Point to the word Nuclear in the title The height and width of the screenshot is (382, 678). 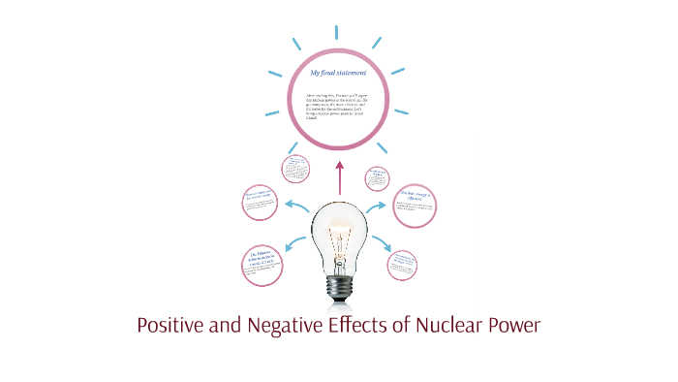455,325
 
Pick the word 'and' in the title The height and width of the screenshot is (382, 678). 222,325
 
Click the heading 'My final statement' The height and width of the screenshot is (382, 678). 339,73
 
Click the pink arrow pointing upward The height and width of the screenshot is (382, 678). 339,177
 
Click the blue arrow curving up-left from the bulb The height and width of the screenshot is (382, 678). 295,204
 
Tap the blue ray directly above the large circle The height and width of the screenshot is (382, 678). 340,26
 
